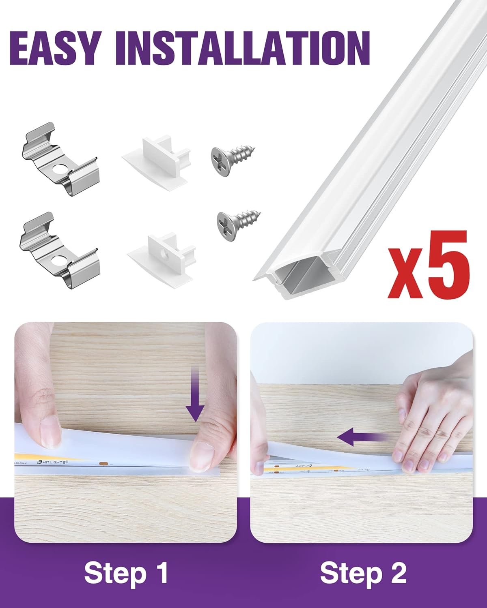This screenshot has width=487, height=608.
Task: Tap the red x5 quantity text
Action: coord(428,266)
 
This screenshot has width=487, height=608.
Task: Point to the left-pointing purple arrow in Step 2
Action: coord(361,438)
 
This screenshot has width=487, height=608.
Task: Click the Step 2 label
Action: coord(363,573)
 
